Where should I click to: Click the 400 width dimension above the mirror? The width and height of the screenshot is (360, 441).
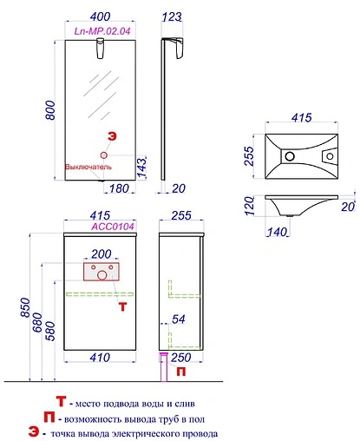100,16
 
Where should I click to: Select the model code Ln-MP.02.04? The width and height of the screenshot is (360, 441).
102,31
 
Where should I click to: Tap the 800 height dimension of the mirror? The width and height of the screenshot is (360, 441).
50,110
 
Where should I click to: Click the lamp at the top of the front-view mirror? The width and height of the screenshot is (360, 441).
101,48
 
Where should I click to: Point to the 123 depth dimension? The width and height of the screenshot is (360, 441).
172,16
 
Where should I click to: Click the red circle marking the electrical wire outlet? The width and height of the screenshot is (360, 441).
104,155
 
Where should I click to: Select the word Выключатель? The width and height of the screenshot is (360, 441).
88,167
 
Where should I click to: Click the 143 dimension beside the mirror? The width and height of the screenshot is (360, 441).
141,168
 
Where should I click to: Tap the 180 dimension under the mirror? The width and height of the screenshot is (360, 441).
119,188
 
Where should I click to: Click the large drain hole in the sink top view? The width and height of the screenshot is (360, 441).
290,156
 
